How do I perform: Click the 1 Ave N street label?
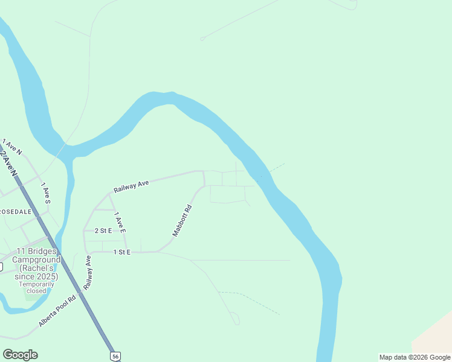(x=12, y=147)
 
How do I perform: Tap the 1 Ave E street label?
(x=119, y=222)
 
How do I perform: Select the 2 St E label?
(x=103, y=230)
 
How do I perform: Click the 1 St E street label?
(x=121, y=252)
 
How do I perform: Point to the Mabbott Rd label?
(x=181, y=221)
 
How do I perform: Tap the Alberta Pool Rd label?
(x=57, y=311)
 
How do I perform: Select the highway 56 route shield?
(x=115, y=355)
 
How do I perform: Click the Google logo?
(x=20, y=355)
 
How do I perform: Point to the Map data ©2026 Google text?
(x=415, y=357)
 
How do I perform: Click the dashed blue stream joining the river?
(x=273, y=169)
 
